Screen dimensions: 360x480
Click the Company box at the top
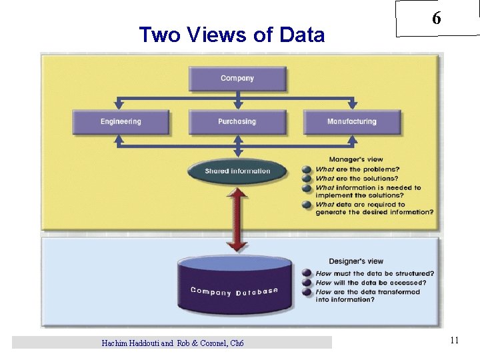pos(237,79)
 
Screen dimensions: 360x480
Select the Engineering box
pos(121,122)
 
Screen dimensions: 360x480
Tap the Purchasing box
pos(237,122)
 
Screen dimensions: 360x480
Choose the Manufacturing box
pos(352,122)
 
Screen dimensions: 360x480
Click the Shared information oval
pos(237,171)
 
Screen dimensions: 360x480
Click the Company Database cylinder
pos(234,287)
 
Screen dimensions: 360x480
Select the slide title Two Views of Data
pos(231,35)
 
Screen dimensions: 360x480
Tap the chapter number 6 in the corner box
pos(436,19)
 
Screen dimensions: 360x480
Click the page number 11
pos(454,341)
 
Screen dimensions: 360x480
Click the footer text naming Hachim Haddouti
pos(172,343)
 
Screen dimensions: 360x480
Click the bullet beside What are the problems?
pos(307,169)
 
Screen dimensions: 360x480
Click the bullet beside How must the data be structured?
pos(307,273)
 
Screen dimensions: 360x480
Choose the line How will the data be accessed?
pos(371,283)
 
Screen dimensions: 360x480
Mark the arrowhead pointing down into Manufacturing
pos(353,105)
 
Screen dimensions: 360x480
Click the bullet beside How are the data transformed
pos(307,292)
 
